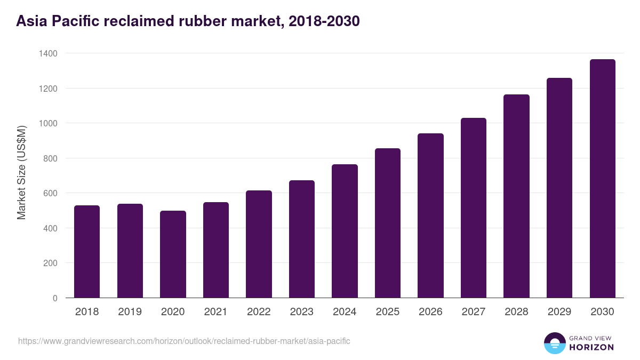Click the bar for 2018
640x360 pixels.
[x=87, y=252]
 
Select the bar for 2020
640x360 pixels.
[x=173, y=254]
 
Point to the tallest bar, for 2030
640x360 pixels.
[x=602, y=179]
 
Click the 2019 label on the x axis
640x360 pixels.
[x=130, y=312]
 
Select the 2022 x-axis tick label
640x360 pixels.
[x=259, y=312]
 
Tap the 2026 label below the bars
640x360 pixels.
[x=430, y=312]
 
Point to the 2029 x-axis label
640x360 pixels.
[x=559, y=312]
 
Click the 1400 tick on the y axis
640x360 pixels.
[x=48, y=53]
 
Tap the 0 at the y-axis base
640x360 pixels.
[x=55, y=298]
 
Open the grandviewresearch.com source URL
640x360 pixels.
[x=184, y=341]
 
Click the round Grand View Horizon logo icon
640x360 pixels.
[x=554, y=343]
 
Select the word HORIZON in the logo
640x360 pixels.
[x=591, y=347]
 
